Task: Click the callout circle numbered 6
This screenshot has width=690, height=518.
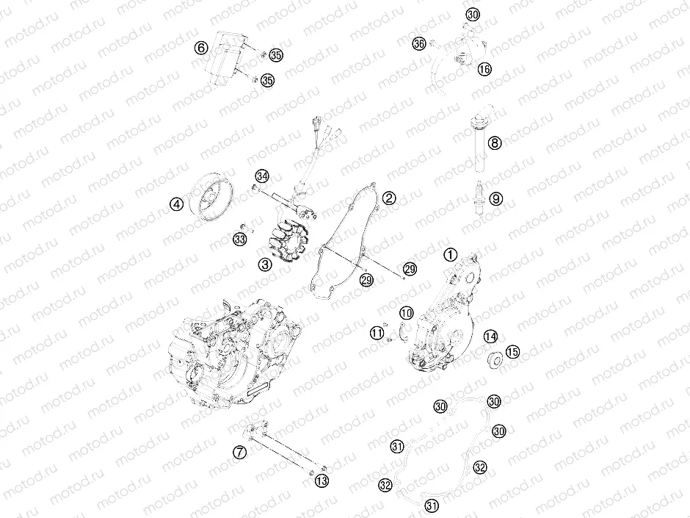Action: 200,48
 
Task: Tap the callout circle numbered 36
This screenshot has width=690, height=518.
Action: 418,44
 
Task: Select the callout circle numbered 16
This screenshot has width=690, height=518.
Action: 484,68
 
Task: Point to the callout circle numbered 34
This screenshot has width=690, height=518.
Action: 262,176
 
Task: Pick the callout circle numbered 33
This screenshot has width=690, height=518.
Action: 239,239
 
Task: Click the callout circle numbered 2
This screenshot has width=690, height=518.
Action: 388,198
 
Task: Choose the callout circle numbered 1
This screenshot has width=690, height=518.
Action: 450,254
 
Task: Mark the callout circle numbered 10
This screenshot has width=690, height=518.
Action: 406,313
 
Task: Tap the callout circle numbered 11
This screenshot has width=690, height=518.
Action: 377,333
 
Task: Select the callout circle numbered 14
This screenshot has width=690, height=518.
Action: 490,337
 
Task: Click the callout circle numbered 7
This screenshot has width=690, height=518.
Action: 239,453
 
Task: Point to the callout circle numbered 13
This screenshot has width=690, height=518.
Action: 321,481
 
